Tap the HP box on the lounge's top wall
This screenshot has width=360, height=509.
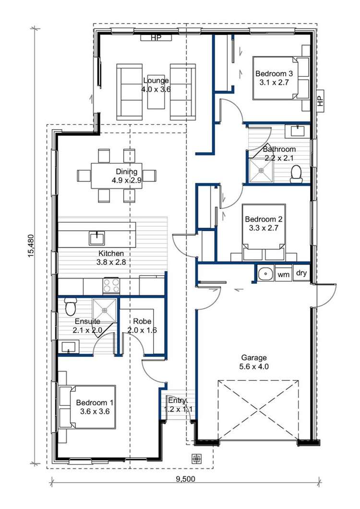[x=156, y=38]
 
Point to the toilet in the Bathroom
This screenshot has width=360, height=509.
[x=296, y=173]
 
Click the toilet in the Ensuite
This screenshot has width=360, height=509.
[x=71, y=306]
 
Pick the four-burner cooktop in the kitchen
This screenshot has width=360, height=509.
[x=111, y=285]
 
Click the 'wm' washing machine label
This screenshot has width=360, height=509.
[x=284, y=274]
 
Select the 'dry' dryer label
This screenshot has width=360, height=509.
[x=301, y=273]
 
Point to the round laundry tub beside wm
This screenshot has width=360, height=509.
[x=265, y=274]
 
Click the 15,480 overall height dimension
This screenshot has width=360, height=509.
[x=31, y=246]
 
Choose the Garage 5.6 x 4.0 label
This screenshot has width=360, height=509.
[x=254, y=362]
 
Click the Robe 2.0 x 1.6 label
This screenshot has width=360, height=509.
[x=142, y=326]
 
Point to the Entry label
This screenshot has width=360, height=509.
[x=177, y=404]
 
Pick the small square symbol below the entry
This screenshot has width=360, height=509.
[x=196, y=459]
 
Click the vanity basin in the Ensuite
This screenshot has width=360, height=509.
[x=67, y=347]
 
